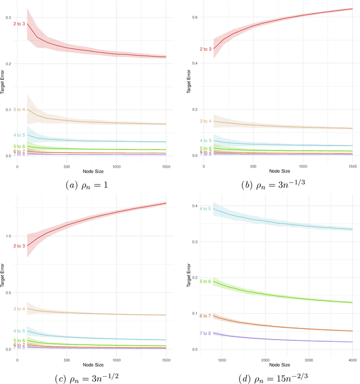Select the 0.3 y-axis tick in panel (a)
[8, 18]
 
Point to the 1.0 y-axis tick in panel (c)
[8, 236]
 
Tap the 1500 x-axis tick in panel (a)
[166, 167]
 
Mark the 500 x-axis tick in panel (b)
[254, 167]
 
